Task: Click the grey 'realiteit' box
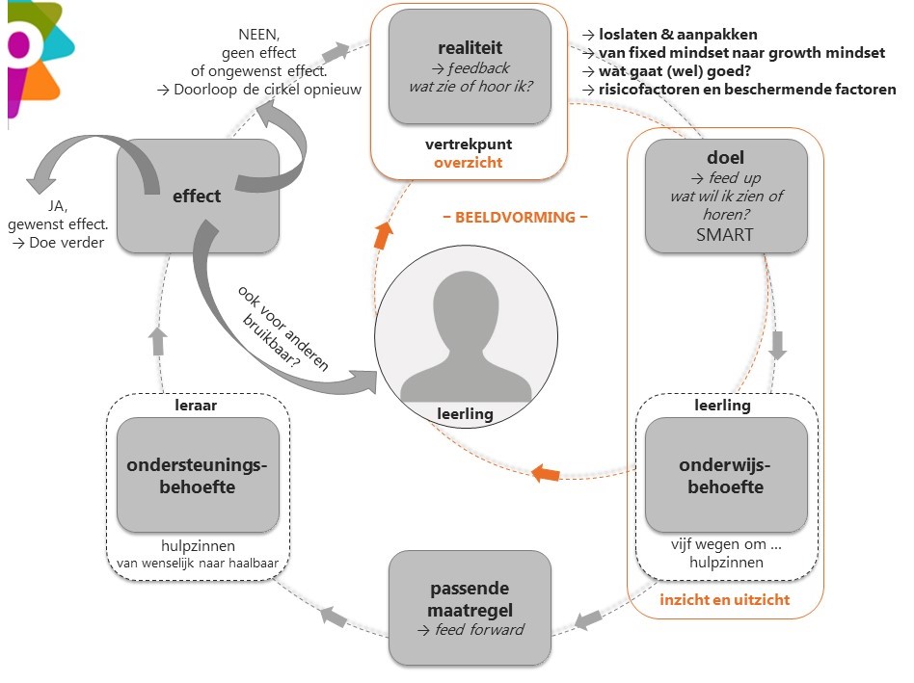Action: pos(470,66)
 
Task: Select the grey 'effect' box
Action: pos(197,196)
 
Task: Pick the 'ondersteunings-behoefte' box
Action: pos(197,475)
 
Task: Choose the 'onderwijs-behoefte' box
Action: pos(725,475)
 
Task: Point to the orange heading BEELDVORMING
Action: pos(515,217)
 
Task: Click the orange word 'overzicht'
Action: pos(468,163)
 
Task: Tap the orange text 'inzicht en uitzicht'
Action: pos(724,599)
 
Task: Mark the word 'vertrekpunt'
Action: pos(468,144)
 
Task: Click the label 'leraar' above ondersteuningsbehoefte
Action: pos(198,406)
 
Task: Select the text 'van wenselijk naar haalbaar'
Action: pos(199,564)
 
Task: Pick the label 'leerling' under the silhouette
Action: pos(466,414)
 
